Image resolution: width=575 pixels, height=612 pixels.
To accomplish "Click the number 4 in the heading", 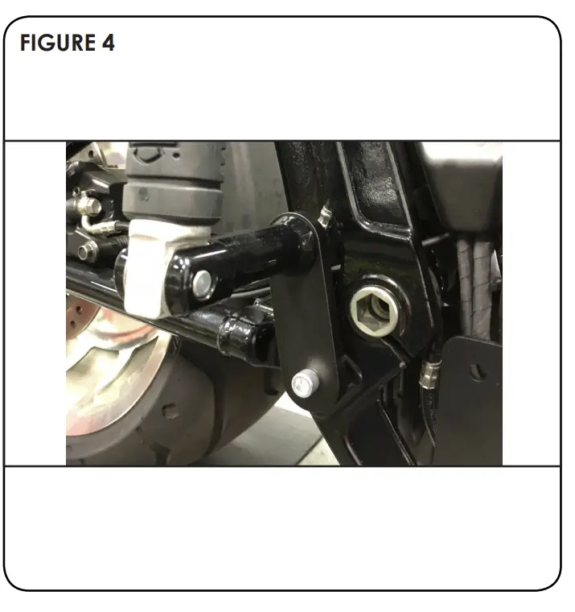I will click(109, 43).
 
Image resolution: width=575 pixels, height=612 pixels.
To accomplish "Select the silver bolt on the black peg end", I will click(203, 281).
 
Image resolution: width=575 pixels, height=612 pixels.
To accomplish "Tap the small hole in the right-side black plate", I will click(477, 373).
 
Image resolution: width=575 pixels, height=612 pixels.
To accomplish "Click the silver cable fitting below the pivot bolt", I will click(432, 372).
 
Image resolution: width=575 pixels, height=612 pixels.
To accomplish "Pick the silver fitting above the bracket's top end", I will click(325, 215).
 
